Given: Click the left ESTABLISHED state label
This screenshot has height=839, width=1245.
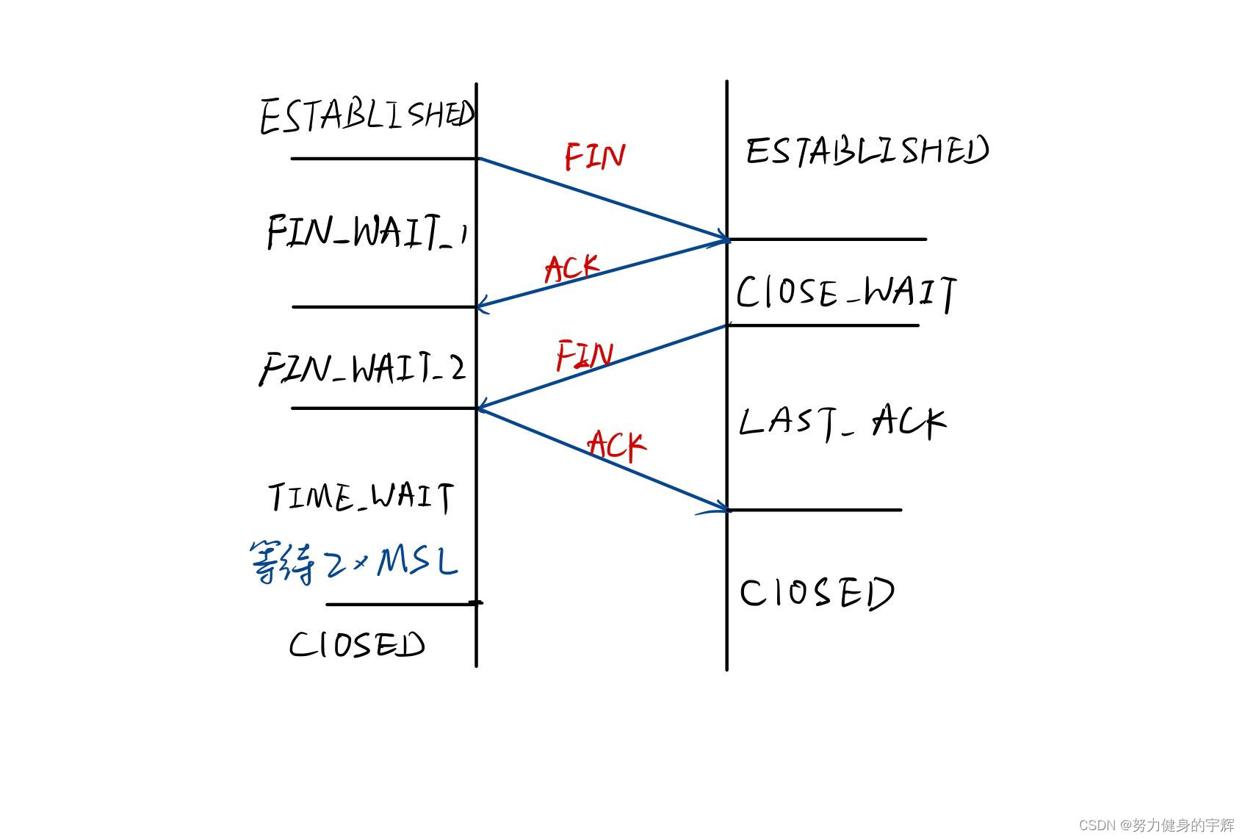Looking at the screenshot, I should (367, 116).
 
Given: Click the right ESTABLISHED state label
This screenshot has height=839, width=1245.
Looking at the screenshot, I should (867, 151).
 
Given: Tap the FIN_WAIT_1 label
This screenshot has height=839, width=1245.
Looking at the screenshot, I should (367, 231).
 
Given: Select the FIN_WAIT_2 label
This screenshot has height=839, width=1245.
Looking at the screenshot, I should (363, 367).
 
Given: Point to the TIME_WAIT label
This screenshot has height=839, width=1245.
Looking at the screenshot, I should (361, 497).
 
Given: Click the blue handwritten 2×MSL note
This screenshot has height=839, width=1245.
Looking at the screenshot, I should (354, 563).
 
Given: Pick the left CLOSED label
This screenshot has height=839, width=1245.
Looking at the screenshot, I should (357, 645).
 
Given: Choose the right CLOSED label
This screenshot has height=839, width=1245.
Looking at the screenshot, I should (816, 593).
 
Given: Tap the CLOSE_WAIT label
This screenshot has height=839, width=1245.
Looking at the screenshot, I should (846, 292).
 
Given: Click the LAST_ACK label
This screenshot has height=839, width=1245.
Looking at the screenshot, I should (842, 422).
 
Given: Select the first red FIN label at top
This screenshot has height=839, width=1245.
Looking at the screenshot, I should (594, 156).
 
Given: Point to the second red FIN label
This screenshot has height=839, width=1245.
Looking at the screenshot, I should (584, 356).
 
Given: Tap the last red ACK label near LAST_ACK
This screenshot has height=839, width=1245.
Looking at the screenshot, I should (616, 445).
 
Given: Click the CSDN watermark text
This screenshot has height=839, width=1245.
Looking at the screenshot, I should (1156, 825).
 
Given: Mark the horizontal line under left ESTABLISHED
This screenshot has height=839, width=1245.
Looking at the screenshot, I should (383, 158).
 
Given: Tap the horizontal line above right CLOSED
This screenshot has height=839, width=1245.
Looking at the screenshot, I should (815, 509).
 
